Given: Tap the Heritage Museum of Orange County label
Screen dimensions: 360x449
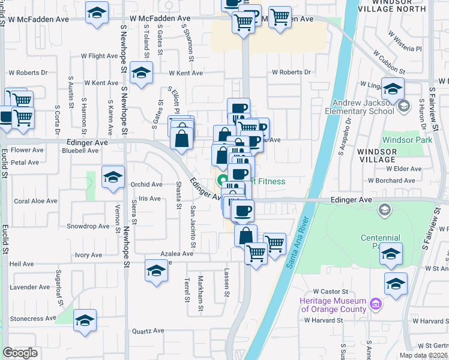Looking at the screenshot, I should pos(333,305).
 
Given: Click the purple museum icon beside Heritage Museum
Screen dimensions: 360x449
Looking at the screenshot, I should pos(376,305).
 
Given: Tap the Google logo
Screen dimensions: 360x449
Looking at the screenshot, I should pos(20,352).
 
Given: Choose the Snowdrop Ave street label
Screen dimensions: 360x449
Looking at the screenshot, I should pos(88,226).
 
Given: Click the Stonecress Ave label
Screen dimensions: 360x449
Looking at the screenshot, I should pos(29,319).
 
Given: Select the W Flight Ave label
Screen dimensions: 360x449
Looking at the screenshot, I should pos(100,56).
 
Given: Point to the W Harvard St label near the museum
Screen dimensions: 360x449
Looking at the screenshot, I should pos(323,320).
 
